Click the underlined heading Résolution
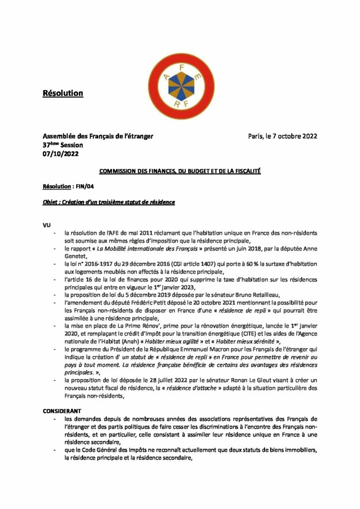(x=62, y=93)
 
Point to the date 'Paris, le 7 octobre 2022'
(x=282, y=136)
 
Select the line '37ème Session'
(x=63, y=145)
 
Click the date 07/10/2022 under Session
(x=60, y=154)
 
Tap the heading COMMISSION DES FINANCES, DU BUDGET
(x=180, y=171)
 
